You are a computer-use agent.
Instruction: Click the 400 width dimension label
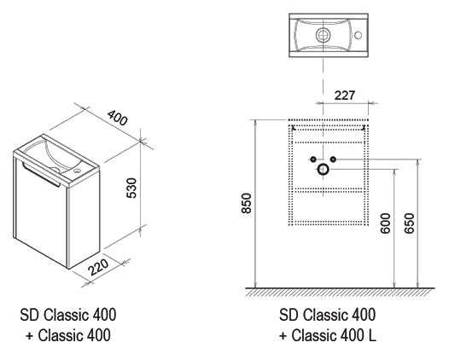tap(117, 118)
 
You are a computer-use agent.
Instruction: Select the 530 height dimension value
tap(131, 188)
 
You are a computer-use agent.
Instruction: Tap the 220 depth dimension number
tap(98, 267)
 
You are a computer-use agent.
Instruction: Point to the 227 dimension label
tap(345, 96)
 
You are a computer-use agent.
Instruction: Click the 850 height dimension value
tap(246, 203)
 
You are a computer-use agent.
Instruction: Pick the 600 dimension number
tap(386, 224)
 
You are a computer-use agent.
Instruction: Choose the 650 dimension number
tap(410, 224)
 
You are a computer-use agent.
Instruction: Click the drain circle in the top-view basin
tap(324, 35)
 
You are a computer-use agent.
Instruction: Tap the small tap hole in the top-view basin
tap(358, 35)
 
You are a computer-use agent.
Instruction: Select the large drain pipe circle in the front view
tap(323, 170)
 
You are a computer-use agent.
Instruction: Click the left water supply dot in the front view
tap(313, 159)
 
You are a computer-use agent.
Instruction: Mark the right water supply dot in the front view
tap(333, 159)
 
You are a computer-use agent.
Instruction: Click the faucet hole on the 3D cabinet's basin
tap(77, 171)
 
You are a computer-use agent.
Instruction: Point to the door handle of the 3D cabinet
tap(41, 174)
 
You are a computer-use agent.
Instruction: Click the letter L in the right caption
tap(372, 335)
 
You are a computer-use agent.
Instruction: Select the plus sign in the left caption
tap(29, 335)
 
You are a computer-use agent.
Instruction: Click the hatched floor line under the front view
tap(340, 288)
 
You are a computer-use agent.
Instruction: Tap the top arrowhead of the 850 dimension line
tap(256, 122)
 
